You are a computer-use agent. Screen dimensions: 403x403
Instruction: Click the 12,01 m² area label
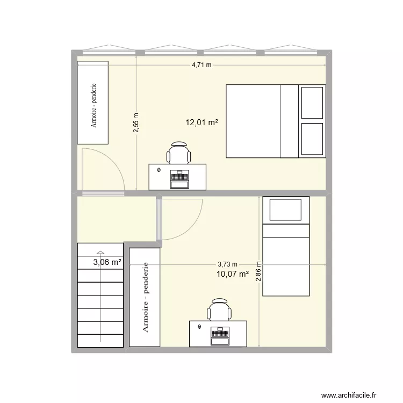coord(201,123)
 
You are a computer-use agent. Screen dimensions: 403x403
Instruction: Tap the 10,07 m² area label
coord(233,274)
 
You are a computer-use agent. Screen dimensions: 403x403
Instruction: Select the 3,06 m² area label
coord(107,263)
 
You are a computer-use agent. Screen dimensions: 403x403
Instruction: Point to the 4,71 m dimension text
coord(201,66)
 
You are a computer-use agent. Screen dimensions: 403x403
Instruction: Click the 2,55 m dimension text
coord(136,123)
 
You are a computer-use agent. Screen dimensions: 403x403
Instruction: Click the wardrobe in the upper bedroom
coord(93,102)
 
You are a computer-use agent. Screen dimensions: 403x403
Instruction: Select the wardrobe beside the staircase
coord(145,297)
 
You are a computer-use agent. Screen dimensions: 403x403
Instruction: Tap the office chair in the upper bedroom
coord(178,153)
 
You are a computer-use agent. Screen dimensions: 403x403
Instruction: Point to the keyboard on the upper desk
coord(179,176)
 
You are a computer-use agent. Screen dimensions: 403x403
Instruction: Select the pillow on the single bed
coord(285,210)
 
